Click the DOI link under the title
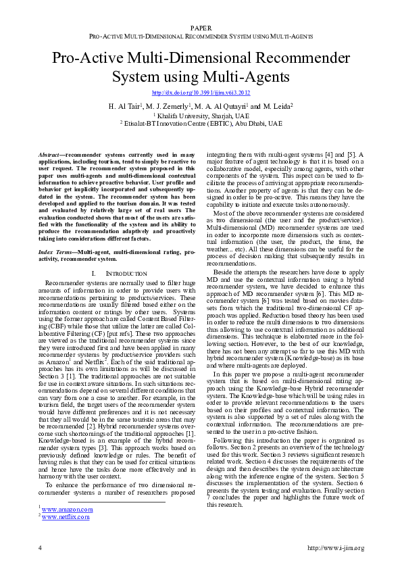(x=201, y=93)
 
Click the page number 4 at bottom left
(x=40, y=547)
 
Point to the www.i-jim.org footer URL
(x=336, y=547)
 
